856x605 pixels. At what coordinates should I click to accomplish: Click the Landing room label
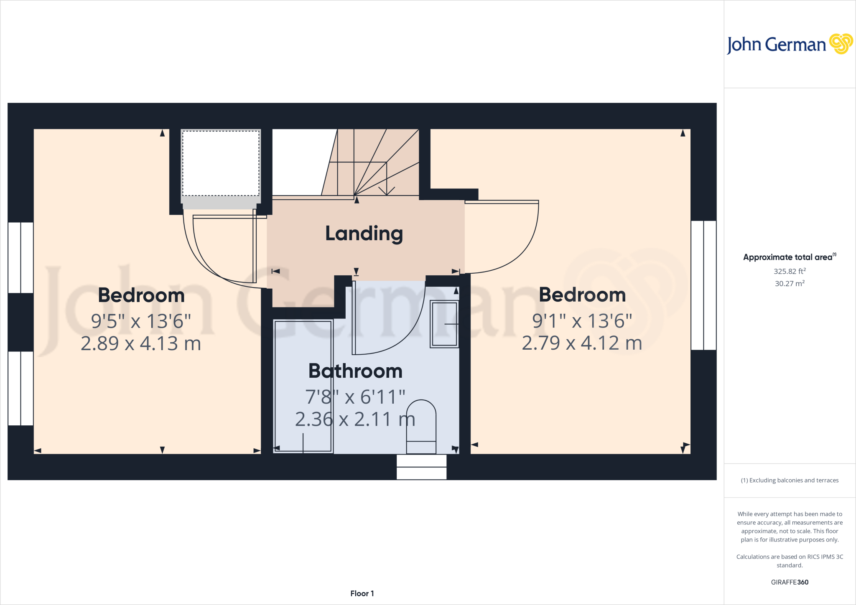click(x=364, y=234)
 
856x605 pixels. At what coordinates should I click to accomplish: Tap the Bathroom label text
click(x=355, y=371)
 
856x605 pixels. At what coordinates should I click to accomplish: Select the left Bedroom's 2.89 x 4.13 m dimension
click(x=141, y=343)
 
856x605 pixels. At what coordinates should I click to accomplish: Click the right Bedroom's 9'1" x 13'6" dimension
click(x=582, y=321)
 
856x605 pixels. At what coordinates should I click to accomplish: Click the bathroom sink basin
click(x=444, y=324)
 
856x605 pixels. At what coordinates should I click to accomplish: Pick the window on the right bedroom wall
click(x=703, y=285)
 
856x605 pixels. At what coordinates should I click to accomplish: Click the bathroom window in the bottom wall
click(x=421, y=467)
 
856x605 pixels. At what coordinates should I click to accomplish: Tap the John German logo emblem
click(x=841, y=44)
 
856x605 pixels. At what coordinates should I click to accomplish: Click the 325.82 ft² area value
click(x=789, y=271)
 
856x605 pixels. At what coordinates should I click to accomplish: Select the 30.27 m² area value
click(x=789, y=283)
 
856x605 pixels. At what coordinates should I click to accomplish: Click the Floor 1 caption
click(x=362, y=593)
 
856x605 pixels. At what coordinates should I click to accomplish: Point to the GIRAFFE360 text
click(x=789, y=582)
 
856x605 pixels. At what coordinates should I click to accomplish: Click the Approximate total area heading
click(x=788, y=257)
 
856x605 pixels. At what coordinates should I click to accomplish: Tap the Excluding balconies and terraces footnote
click(x=789, y=480)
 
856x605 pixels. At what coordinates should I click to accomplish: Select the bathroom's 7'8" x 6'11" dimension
click(x=355, y=397)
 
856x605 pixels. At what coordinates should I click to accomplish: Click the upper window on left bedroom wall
click(x=20, y=257)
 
